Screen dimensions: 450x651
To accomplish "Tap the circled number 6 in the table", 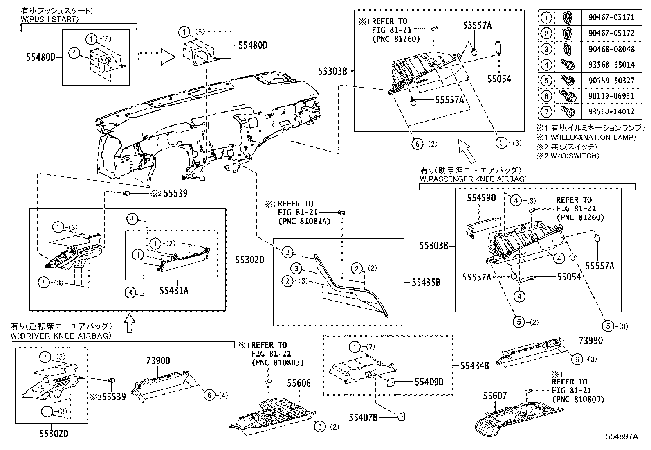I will click(x=547, y=96).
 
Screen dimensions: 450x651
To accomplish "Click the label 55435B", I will click(x=426, y=283).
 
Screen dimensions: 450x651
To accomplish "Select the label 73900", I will click(x=158, y=361).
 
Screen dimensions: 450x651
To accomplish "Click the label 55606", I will click(x=299, y=383).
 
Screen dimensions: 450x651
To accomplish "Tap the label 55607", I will click(x=495, y=396).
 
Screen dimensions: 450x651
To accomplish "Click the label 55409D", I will click(x=429, y=382).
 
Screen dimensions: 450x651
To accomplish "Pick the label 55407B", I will click(x=363, y=417).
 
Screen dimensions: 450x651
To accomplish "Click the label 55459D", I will click(x=481, y=198).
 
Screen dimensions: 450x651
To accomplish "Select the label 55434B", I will click(x=475, y=366).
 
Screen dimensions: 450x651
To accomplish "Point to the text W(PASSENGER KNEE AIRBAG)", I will click(x=474, y=179).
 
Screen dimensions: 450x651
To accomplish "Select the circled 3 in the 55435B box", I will click(x=296, y=269).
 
